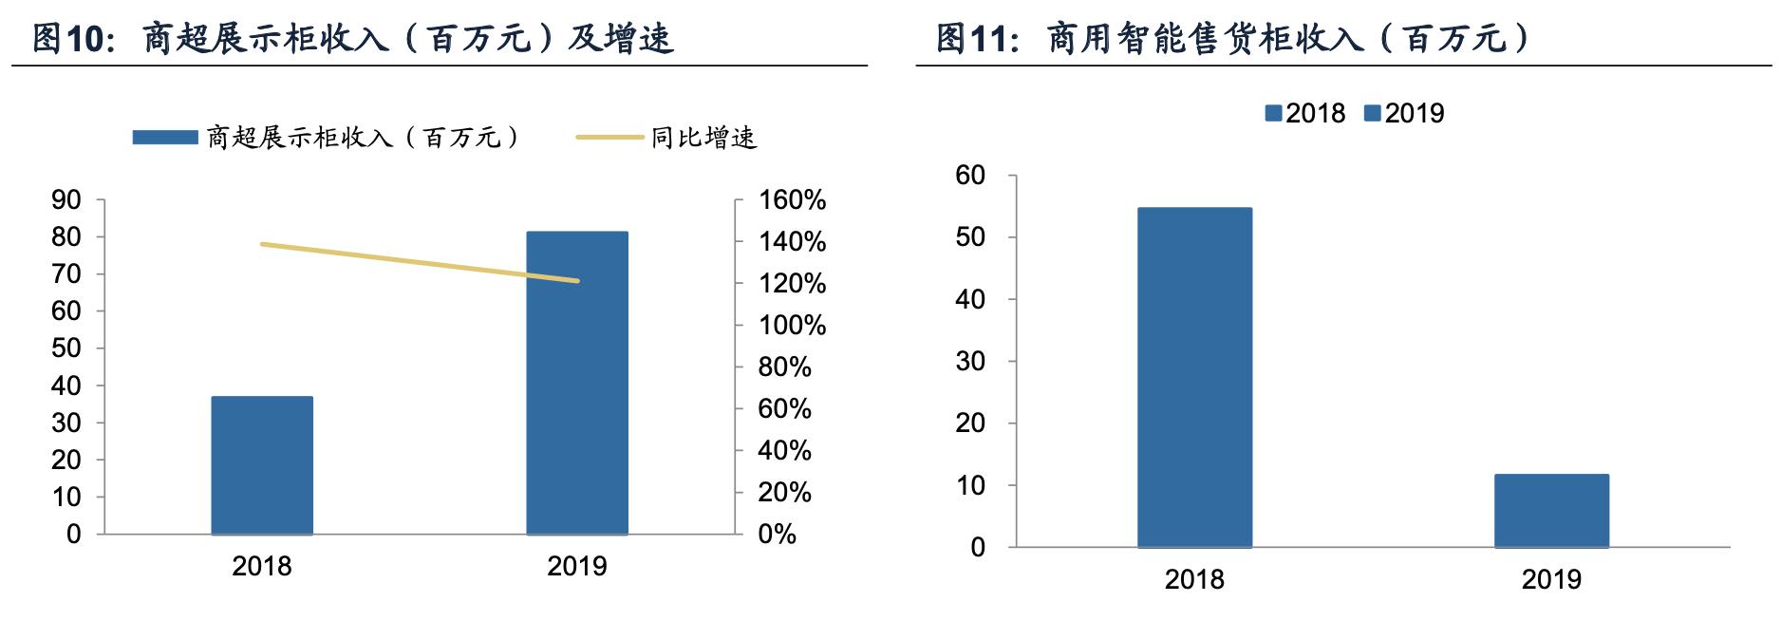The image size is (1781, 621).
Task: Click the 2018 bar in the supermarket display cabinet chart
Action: pyautogui.click(x=262, y=465)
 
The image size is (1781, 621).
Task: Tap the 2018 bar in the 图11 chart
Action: pyautogui.click(x=1194, y=377)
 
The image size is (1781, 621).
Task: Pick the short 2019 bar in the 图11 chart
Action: pyautogui.click(x=1551, y=511)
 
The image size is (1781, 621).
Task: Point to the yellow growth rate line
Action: pyautogui.click(x=418, y=262)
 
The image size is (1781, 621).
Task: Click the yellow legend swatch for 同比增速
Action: pyautogui.click(x=609, y=138)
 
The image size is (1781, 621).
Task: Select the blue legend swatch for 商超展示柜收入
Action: pyautogui.click(x=164, y=138)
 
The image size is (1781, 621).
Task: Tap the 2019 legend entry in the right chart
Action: pyautogui.click(x=1404, y=114)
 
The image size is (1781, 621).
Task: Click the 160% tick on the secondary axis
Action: pyautogui.click(x=792, y=200)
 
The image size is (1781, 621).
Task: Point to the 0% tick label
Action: pyautogui.click(x=777, y=534)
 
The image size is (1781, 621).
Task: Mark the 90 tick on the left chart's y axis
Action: pyautogui.click(x=66, y=200)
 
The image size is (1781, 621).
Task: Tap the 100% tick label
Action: pyautogui.click(x=792, y=326)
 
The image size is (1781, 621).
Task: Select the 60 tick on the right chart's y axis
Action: pyautogui.click(x=970, y=176)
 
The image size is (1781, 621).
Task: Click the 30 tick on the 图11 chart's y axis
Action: pyautogui.click(x=970, y=362)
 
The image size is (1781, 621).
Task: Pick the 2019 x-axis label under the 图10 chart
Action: pyautogui.click(x=577, y=567)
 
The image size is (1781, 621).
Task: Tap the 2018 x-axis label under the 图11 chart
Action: pyautogui.click(x=1194, y=579)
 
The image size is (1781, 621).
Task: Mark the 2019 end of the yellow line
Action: pyautogui.click(x=577, y=281)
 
